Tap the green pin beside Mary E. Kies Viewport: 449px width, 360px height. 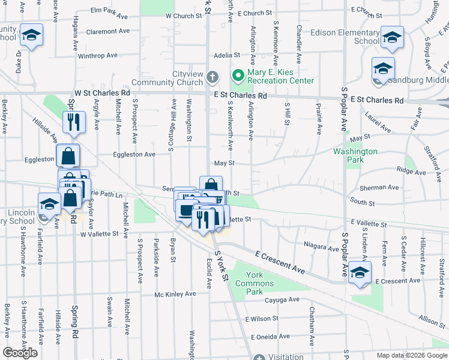(238, 76)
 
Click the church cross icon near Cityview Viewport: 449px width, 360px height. (212, 77)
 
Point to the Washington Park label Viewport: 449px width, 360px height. (355, 156)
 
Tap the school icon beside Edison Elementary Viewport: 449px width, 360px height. (392, 37)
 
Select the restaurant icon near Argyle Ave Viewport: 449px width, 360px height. (74, 122)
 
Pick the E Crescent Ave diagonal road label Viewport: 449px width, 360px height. (279, 263)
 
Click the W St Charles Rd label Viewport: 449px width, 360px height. (102, 94)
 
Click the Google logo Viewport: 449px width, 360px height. (20, 352)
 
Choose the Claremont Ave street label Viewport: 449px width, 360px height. (108, 31)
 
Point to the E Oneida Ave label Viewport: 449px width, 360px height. (273, 337)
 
